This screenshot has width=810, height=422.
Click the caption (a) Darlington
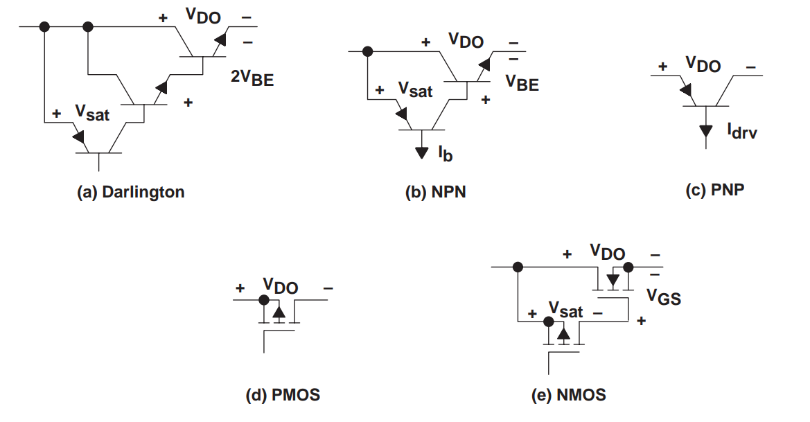(131, 192)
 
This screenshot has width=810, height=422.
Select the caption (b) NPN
(435, 192)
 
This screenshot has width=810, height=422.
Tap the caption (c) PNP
(715, 190)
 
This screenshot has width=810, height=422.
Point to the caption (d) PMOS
(283, 395)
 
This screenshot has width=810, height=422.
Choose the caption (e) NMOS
(568, 395)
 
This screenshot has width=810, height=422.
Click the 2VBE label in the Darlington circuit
(252, 78)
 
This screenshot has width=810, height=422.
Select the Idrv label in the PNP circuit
(742, 131)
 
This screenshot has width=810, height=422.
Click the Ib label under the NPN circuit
(446, 153)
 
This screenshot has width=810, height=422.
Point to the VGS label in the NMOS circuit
(664, 297)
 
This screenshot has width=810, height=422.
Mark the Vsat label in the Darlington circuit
(92, 112)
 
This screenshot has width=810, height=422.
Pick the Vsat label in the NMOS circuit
(565, 310)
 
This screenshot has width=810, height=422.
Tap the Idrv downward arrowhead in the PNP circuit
(705, 131)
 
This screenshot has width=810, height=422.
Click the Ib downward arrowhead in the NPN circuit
(422, 153)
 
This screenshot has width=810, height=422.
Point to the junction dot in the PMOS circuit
(264, 299)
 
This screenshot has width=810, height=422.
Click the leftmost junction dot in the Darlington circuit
(44, 26)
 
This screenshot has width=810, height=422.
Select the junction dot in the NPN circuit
(367, 51)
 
